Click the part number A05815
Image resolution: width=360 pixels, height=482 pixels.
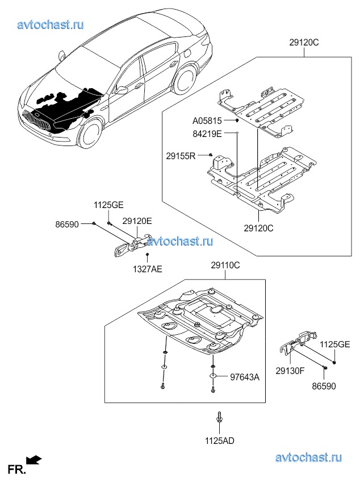(x=207, y=121)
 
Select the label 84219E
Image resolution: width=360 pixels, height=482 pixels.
(x=207, y=134)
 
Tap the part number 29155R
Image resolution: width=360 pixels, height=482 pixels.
(x=181, y=156)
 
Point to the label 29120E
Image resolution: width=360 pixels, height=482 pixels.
(x=137, y=221)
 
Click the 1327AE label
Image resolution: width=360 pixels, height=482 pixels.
(x=148, y=269)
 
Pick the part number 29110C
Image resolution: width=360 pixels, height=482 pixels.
(x=225, y=265)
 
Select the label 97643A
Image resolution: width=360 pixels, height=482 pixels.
(x=245, y=377)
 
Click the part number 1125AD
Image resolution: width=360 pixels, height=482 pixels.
(x=220, y=441)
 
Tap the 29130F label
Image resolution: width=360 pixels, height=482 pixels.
(x=290, y=371)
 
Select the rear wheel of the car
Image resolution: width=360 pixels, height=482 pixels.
(x=185, y=80)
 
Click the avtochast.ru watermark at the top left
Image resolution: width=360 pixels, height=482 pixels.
(x=51, y=25)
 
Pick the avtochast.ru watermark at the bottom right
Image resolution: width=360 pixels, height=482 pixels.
(x=308, y=458)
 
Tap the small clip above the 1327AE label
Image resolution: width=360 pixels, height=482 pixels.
(x=148, y=255)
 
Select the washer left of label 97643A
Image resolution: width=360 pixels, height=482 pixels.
(x=212, y=376)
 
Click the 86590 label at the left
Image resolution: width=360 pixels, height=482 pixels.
(x=67, y=225)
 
